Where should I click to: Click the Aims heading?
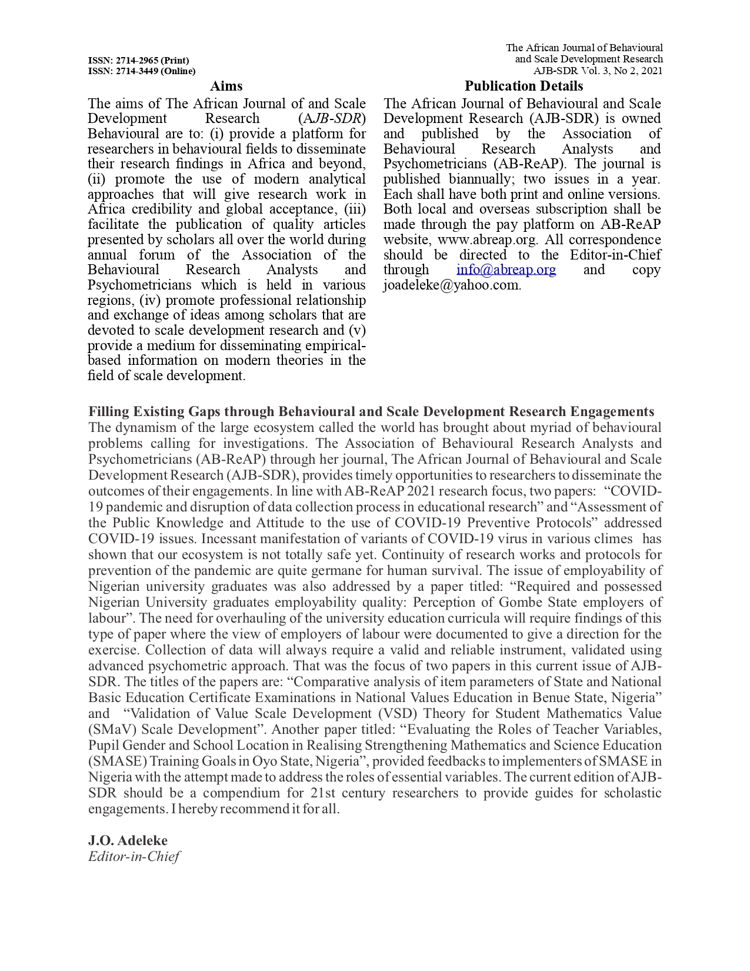226,87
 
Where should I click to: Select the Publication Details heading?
524,87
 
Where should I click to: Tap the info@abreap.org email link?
506,270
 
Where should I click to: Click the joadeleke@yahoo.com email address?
451,285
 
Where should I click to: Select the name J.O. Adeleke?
128,840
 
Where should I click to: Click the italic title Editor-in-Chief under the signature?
134,856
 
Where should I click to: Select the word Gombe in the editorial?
521,603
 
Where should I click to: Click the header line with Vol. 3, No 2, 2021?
598,71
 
